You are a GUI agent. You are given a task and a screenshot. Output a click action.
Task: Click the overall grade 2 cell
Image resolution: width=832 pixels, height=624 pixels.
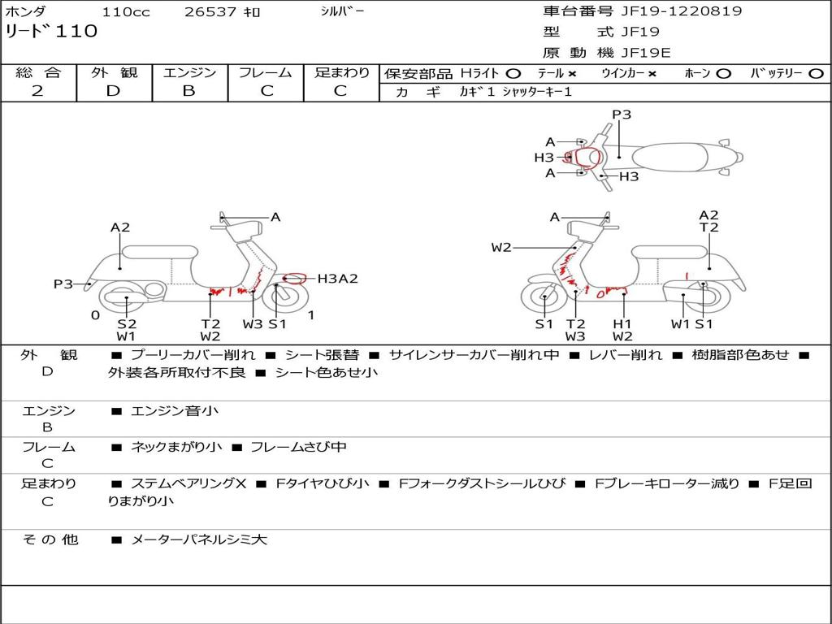pos(37,91)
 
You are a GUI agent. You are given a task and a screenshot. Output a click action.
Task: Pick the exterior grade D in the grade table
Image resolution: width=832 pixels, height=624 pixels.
pos(113,91)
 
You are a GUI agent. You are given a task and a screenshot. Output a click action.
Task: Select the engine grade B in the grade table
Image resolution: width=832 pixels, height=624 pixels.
pos(188,91)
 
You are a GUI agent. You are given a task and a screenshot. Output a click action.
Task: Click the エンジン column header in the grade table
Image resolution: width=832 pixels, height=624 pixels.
pos(189,73)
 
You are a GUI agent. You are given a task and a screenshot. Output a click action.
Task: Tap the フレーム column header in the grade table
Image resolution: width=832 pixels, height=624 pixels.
pos(265,73)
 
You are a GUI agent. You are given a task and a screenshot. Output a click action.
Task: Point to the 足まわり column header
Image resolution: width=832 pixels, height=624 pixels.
pos(341,73)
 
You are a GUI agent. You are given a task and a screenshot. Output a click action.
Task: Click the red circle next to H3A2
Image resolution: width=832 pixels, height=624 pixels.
pos(294,279)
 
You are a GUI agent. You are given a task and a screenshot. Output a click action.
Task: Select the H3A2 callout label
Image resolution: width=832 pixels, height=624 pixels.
pos(337,279)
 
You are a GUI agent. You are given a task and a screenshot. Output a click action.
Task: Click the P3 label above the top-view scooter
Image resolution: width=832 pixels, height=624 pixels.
pos(622,115)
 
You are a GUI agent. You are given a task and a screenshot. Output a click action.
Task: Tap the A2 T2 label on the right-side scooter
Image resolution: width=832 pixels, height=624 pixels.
pos(708,221)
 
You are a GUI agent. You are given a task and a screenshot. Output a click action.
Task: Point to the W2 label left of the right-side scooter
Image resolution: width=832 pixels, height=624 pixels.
pos(501,247)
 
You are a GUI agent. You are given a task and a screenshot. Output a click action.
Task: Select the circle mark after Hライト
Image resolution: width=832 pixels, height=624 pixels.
pos(513,73)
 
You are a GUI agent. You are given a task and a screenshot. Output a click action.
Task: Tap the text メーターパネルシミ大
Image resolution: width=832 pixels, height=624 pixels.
pos(198,539)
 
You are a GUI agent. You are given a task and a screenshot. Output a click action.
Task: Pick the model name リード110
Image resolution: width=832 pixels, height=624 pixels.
pos(51,32)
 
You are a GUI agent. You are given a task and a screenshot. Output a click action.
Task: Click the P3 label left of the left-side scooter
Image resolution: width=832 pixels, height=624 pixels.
pos(63,284)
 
